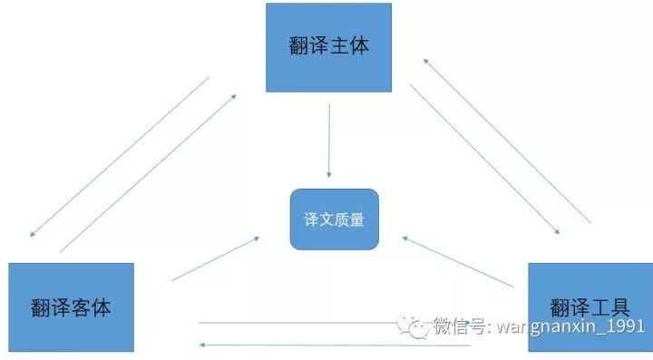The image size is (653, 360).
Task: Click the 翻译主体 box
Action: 328,47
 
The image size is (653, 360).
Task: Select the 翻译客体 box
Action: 71,306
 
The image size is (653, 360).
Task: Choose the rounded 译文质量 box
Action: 333,219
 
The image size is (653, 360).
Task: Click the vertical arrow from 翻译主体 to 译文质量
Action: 329,141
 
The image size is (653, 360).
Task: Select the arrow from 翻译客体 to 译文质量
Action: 215,258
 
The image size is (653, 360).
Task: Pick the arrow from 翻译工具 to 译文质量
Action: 458,262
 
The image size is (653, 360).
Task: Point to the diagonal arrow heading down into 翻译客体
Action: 118,157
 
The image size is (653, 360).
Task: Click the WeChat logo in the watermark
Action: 416,326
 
